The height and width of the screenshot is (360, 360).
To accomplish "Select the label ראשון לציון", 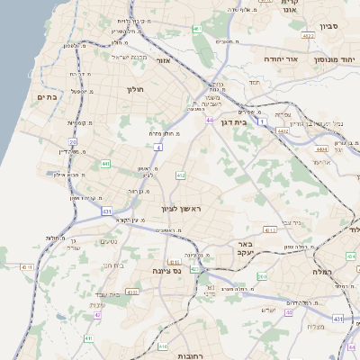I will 184,209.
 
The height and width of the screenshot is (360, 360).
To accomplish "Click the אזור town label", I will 163,60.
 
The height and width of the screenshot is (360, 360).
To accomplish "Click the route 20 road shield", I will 73,142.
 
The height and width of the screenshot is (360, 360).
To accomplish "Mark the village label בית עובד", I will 106,294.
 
